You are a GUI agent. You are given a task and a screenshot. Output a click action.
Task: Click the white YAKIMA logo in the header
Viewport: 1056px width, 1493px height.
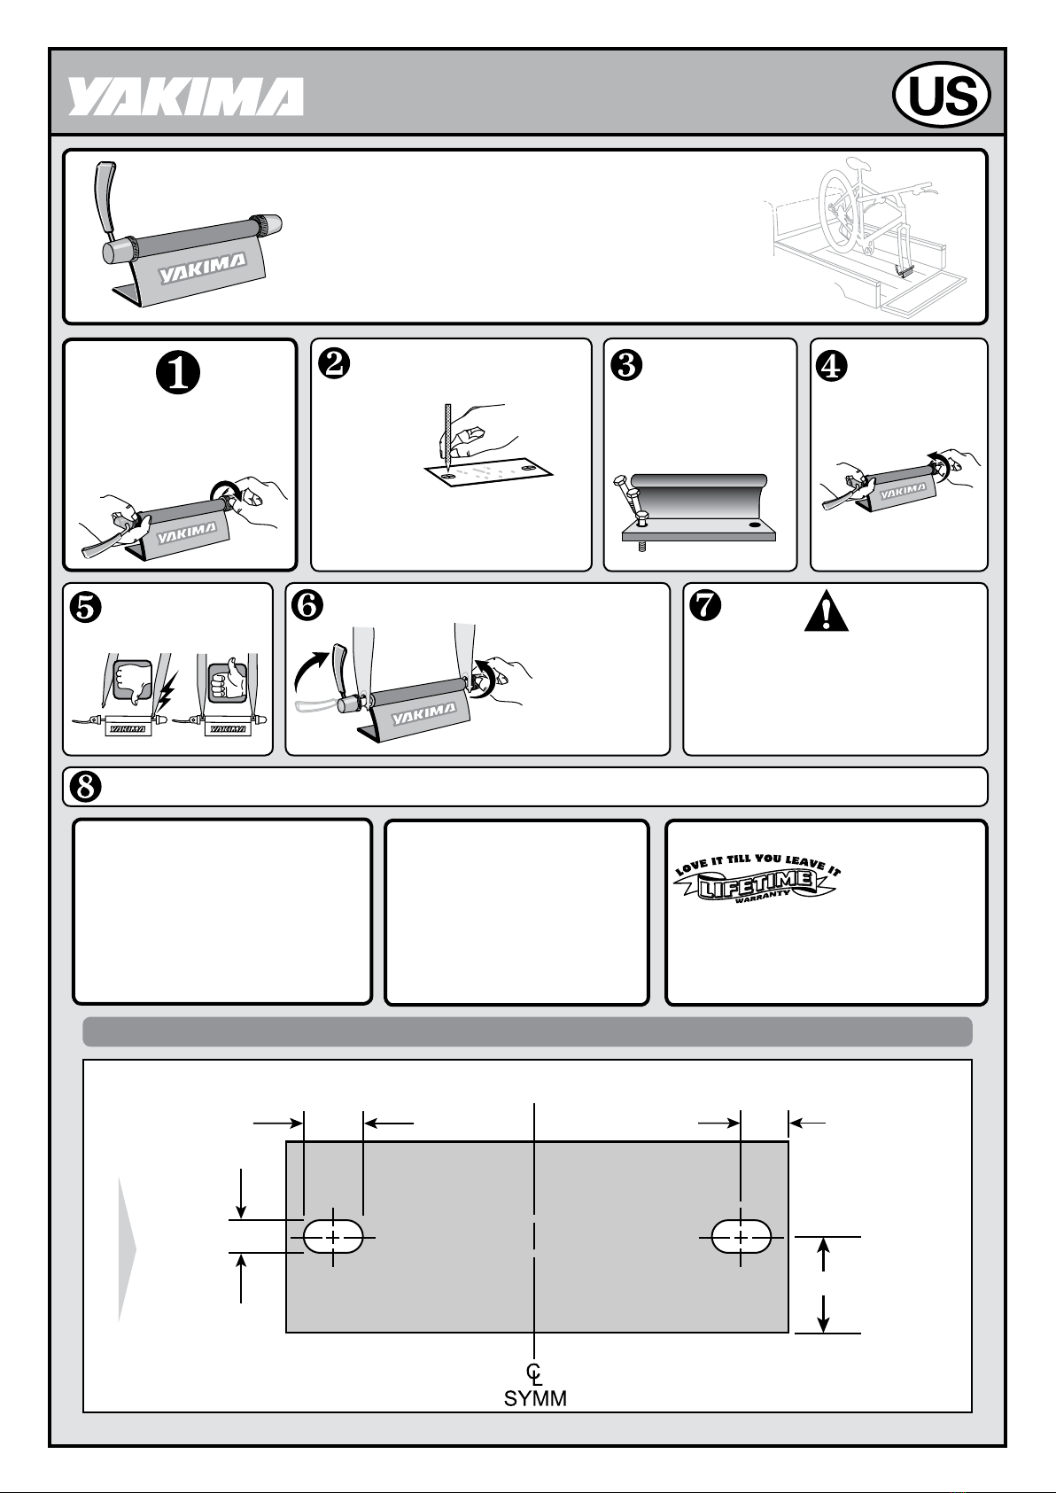tap(185, 97)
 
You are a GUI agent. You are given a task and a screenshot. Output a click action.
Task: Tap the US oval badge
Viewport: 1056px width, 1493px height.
tap(942, 95)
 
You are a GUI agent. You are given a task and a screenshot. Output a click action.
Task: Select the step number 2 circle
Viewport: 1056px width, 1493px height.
tap(334, 364)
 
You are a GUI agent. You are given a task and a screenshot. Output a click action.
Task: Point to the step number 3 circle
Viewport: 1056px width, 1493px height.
tap(626, 365)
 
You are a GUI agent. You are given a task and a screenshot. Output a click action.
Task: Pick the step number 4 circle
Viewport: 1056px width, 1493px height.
tap(832, 365)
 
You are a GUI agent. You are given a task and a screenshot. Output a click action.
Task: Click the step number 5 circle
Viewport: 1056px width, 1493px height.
tap(86, 607)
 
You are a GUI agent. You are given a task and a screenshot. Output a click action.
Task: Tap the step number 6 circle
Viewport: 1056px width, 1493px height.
tap(307, 605)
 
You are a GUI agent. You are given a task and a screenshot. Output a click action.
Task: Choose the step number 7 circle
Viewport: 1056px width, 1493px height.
tap(705, 605)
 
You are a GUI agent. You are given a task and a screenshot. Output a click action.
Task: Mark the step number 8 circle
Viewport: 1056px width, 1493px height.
tap(86, 787)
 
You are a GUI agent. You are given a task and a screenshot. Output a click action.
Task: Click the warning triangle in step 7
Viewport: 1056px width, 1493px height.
tap(827, 610)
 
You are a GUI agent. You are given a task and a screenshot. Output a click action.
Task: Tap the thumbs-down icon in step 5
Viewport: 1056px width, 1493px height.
tap(132, 681)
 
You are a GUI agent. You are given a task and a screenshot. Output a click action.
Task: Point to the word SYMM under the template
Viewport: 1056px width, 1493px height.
tap(535, 1398)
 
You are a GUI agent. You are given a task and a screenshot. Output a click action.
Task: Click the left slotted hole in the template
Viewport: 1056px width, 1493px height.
tap(333, 1237)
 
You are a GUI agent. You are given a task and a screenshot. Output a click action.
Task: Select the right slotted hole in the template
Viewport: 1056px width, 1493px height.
tap(741, 1237)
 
